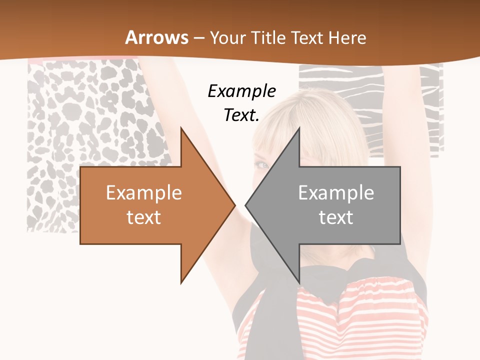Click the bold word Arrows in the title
156,37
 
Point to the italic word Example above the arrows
241,91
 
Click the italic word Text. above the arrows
241,115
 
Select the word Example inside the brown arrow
143,193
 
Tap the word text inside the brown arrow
143,217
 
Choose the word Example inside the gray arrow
336,193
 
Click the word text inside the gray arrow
336,217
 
